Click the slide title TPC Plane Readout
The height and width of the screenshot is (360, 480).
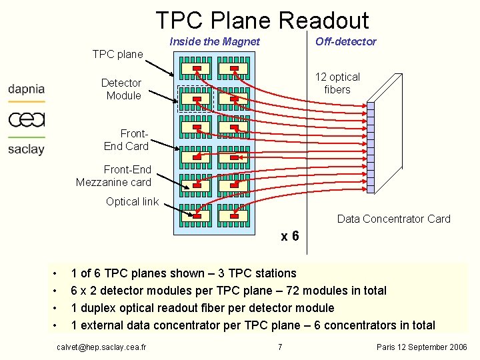click(262, 20)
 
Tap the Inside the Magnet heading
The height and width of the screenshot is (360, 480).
click(215, 42)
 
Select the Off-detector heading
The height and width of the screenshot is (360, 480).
click(345, 42)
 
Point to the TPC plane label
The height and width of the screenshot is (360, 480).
click(117, 54)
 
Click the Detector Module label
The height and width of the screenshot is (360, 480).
click(121, 89)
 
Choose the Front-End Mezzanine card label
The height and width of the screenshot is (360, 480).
click(113, 176)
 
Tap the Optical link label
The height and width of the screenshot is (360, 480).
click(132, 201)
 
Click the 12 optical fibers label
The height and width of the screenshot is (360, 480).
click(337, 83)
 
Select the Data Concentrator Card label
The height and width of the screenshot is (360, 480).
click(393, 219)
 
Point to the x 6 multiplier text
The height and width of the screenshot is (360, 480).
click(290, 237)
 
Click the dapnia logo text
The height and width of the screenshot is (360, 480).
click(27, 89)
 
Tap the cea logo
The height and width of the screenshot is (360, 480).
click(27, 119)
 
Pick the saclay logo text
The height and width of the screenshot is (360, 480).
click(26, 149)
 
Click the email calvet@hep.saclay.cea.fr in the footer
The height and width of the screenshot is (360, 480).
click(102, 347)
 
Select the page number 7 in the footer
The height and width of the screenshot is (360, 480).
click(280, 347)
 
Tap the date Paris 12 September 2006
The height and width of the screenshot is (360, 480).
click(422, 347)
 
